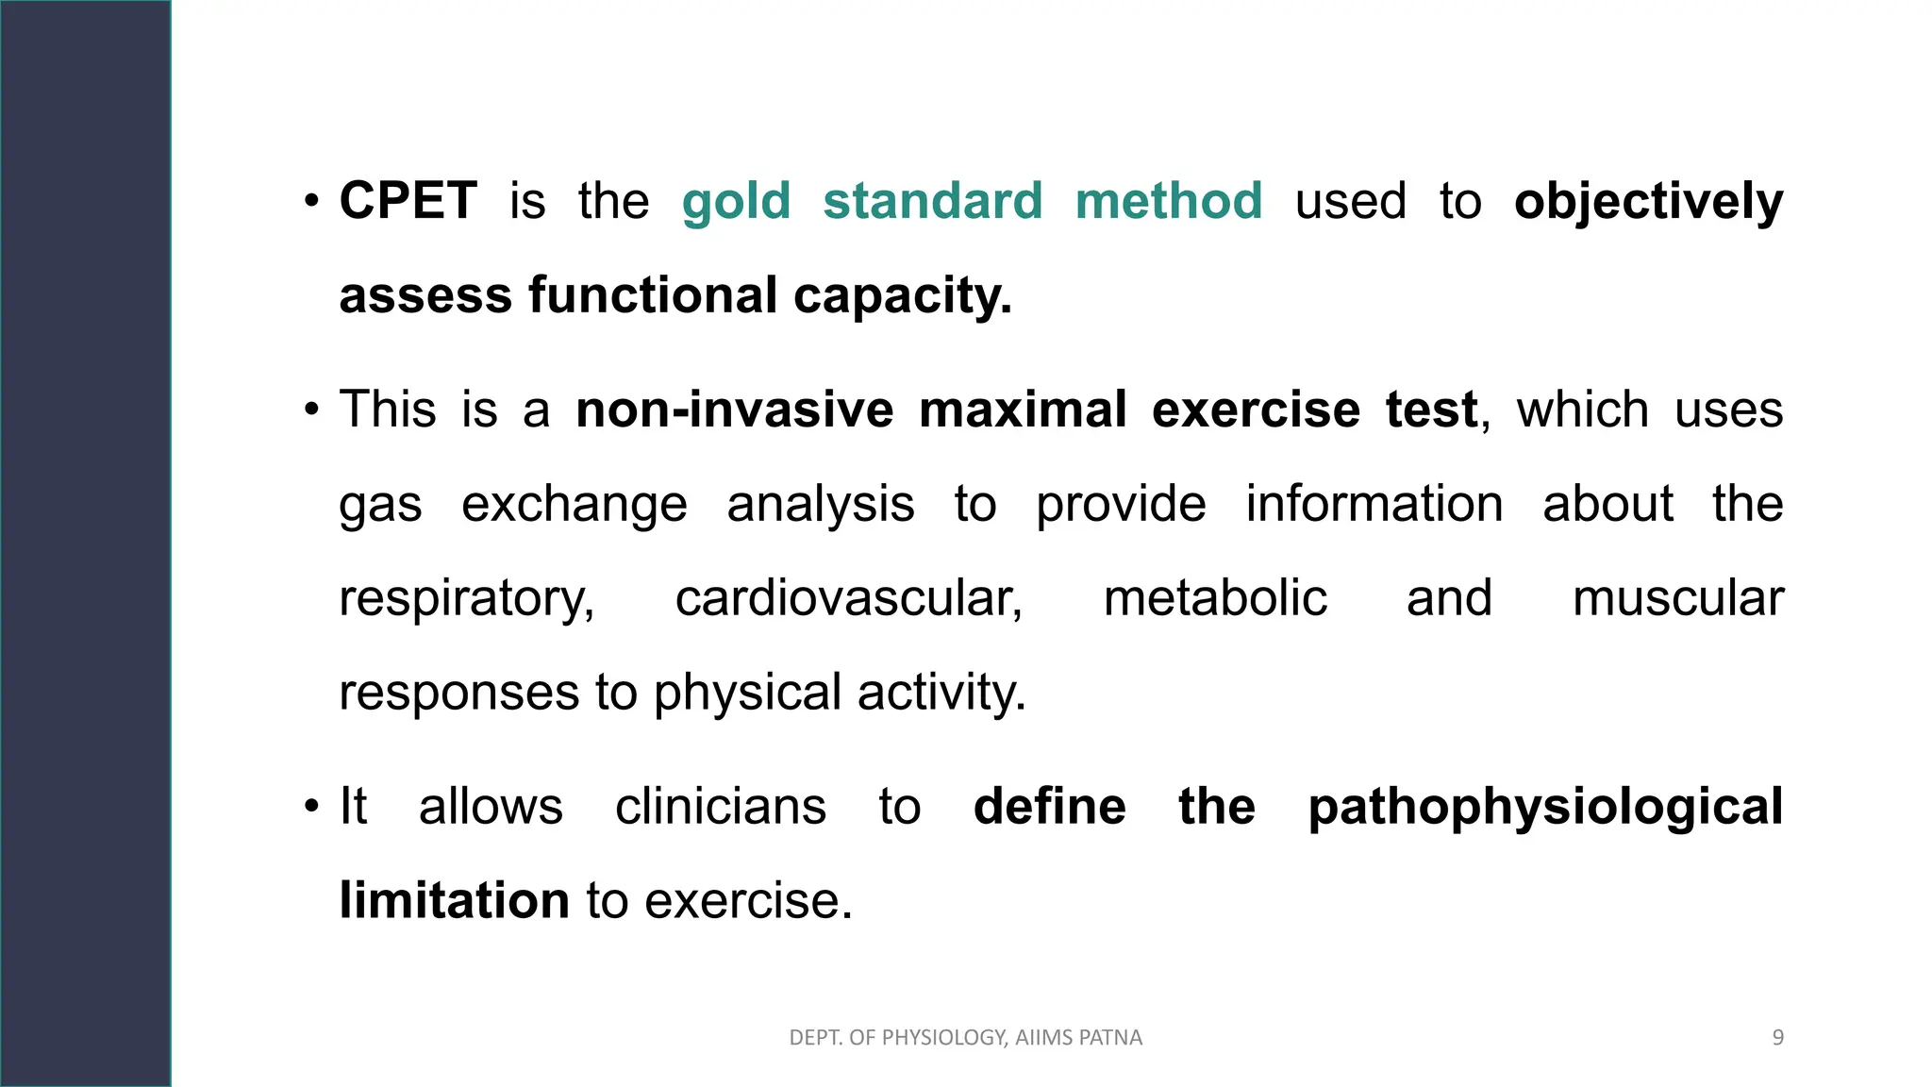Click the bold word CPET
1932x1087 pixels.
[x=408, y=201]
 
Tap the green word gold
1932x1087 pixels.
[x=736, y=203]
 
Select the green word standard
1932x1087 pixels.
[x=932, y=201]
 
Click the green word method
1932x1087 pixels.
[x=1168, y=201]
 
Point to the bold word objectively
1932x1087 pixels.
[x=1648, y=203]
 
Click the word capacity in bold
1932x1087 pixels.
[x=902, y=297]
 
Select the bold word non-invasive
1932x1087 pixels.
[x=734, y=410]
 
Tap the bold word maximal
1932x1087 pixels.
[x=1023, y=410]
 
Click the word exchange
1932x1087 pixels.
[x=574, y=505]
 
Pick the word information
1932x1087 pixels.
[x=1374, y=503]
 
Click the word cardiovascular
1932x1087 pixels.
[x=848, y=598]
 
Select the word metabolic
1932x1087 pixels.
[x=1215, y=598]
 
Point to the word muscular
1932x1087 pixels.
[x=1677, y=598]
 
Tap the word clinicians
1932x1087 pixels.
[x=721, y=807]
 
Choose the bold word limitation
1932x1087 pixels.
[x=454, y=900]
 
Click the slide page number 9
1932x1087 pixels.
[x=1777, y=1038]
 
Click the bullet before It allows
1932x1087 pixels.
[x=312, y=808]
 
